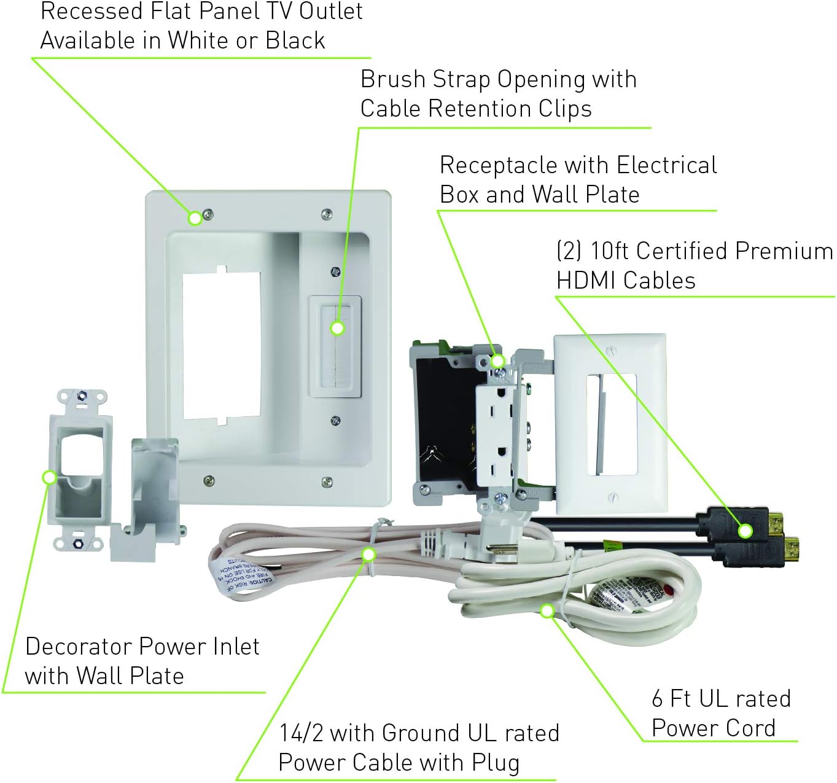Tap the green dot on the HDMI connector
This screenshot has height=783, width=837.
tap(745, 531)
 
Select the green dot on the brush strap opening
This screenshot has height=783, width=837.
tap(337, 329)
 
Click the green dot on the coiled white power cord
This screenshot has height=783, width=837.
tap(547, 610)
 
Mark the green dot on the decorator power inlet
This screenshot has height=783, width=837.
tap(49, 477)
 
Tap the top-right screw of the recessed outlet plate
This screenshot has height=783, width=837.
tap(327, 214)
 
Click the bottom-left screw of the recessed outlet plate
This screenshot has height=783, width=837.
tap(209, 480)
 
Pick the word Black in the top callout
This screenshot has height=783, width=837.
tap(295, 41)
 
